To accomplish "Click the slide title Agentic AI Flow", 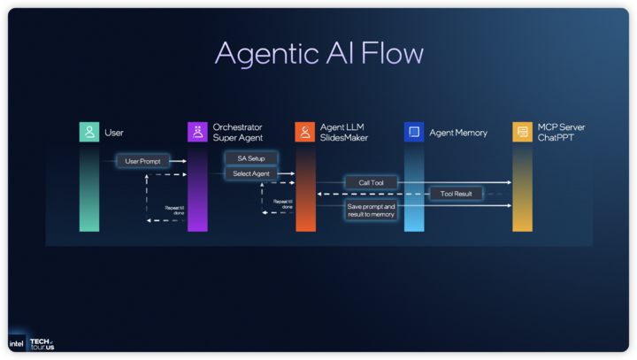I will point(318,53).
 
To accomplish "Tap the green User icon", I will point(88,132).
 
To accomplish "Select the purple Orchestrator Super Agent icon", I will point(197,132).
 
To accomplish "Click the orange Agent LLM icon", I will point(305,132).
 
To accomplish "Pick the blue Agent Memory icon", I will point(414,132).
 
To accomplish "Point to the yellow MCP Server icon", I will point(522,132).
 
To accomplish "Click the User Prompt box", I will point(142,161).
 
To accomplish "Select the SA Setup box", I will point(250,158).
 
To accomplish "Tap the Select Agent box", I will point(250,173).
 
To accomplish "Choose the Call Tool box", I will point(371,182).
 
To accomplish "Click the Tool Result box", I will point(456,194).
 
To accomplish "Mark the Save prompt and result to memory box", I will point(371,211).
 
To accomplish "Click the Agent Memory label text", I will point(458,133).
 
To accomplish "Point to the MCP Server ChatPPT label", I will point(561,133).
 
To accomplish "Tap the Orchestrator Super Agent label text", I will point(238,133).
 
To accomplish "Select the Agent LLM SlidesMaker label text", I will point(344,133).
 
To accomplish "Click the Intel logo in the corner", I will point(16,343).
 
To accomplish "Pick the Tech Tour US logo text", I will point(42,343).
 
